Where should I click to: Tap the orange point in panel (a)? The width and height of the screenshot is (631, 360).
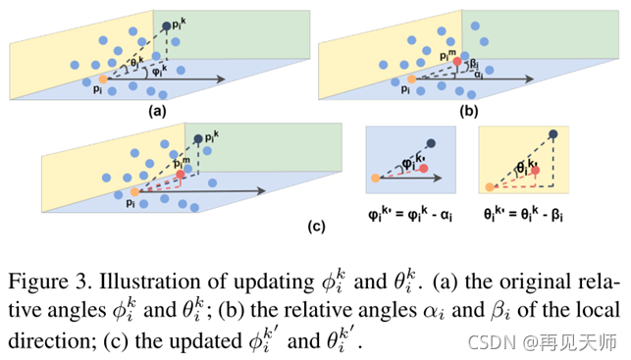(x=103, y=79)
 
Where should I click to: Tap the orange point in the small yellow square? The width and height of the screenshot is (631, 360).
(x=488, y=184)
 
